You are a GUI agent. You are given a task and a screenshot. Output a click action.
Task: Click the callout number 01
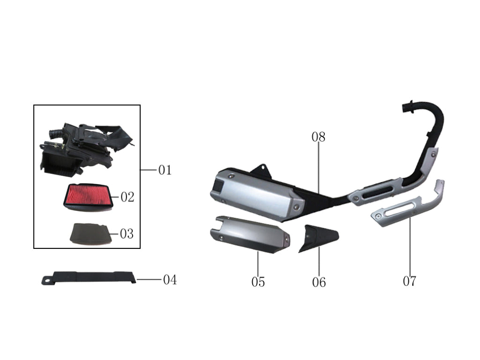click(165, 170)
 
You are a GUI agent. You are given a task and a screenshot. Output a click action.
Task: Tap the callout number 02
click(127, 197)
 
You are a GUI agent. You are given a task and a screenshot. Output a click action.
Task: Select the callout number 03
click(127, 233)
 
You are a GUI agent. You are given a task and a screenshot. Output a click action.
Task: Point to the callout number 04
click(170, 280)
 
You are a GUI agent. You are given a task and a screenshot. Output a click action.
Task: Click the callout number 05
click(258, 282)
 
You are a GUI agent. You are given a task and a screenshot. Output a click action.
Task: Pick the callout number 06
click(319, 282)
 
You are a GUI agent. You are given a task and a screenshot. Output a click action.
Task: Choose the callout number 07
click(409, 281)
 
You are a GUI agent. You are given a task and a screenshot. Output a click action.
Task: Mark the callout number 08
click(318, 137)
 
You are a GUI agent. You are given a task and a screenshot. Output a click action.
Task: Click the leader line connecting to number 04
click(149, 279)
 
